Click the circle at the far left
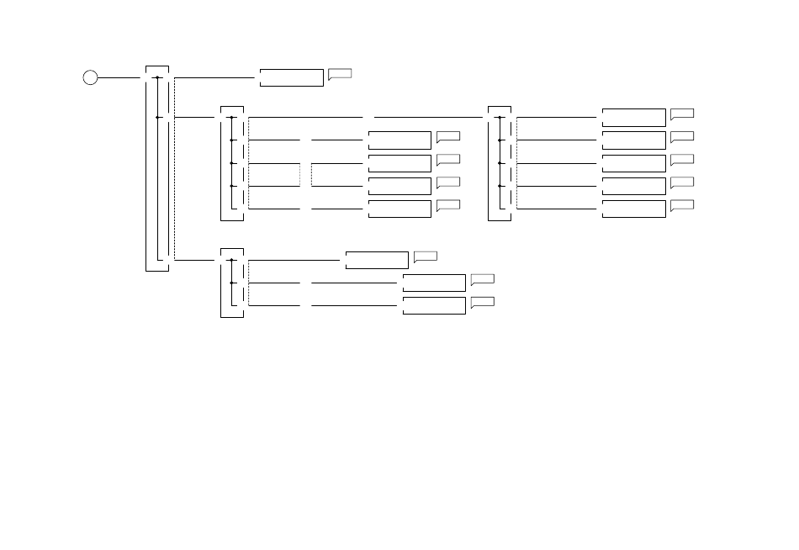click(x=90, y=77)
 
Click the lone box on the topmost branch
click(x=291, y=77)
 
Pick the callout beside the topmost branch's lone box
click(x=339, y=74)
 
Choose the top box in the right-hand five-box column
click(x=633, y=117)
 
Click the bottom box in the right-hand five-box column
click(x=633, y=209)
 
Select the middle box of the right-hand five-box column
click(x=633, y=163)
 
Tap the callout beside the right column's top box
click(x=682, y=113)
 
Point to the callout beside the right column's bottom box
click(x=682, y=204)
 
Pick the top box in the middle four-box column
click(x=399, y=140)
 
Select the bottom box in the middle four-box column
click(x=399, y=209)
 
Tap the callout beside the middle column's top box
click(x=448, y=136)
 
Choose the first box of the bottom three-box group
click(x=377, y=260)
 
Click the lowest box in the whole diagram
click(x=434, y=305)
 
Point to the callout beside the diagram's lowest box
click(x=482, y=301)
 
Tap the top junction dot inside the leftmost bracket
click(x=158, y=77)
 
